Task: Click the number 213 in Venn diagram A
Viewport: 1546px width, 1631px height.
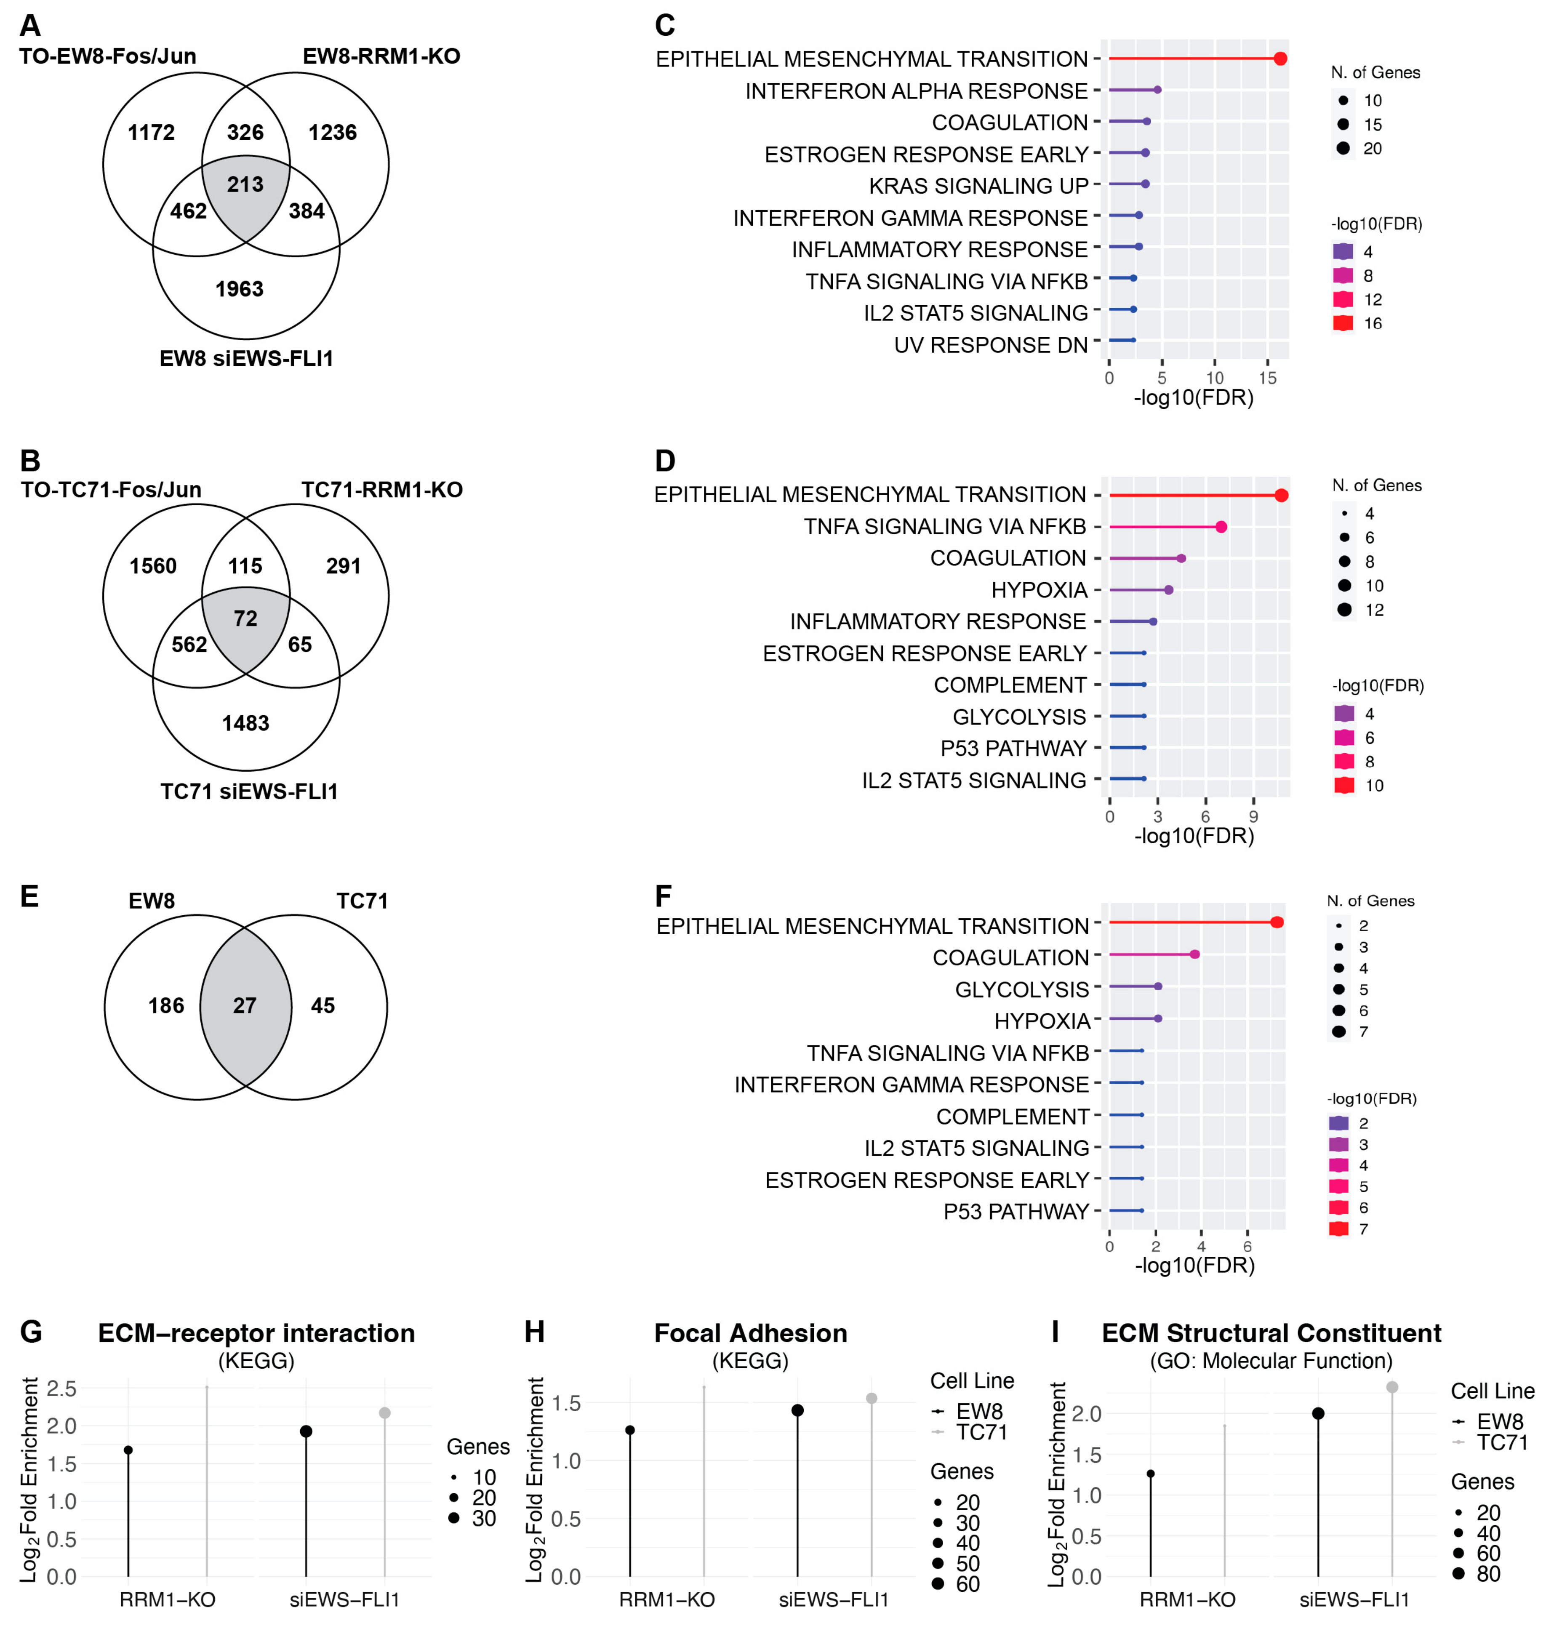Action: tap(245, 184)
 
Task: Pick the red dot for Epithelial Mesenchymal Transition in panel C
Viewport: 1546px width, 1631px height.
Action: tap(1280, 59)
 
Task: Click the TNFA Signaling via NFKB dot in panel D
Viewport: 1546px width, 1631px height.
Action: tap(1221, 527)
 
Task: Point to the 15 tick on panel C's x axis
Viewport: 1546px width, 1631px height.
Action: tap(1267, 378)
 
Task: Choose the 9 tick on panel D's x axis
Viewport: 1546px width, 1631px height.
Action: tap(1253, 817)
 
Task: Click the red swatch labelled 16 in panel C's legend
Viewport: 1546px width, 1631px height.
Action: tap(1343, 323)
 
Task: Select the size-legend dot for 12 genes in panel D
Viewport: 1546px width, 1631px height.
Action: tap(1345, 610)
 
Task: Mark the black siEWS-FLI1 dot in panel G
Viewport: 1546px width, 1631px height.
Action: tap(306, 1431)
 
